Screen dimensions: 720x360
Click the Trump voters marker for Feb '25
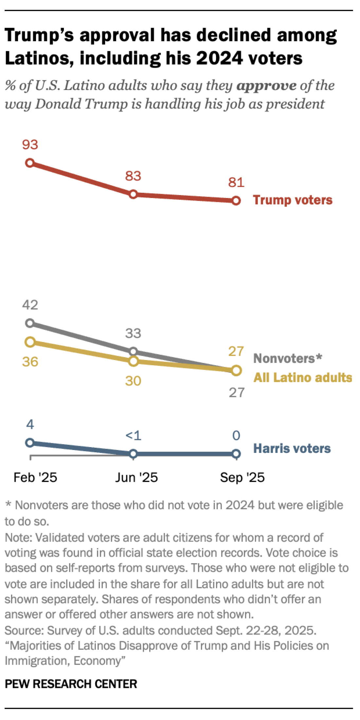coord(30,163)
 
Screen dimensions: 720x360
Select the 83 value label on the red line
coord(133,176)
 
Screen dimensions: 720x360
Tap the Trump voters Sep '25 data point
coord(236,201)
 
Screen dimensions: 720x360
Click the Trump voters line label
coord(292,200)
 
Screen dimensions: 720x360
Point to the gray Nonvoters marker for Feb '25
coord(30,323)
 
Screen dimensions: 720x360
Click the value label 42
coord(30,305)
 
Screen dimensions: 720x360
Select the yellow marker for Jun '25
coord(133,361)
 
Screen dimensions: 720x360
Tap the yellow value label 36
coord(30,362)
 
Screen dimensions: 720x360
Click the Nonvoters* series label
coord(288,358)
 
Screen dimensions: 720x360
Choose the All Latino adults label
coord(303,378)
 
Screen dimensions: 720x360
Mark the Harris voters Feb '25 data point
coord(30,443)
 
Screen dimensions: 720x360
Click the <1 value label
coord(133,436)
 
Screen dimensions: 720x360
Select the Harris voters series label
coord(292,448)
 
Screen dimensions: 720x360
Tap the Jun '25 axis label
coord(136,477)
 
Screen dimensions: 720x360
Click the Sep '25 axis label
coord(242,477)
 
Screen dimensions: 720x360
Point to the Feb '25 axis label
coord(35,477)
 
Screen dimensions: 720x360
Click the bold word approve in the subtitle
coord(266,86)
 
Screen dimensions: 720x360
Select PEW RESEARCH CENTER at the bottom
coord(71,684)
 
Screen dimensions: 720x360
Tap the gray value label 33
coord(133,333)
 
